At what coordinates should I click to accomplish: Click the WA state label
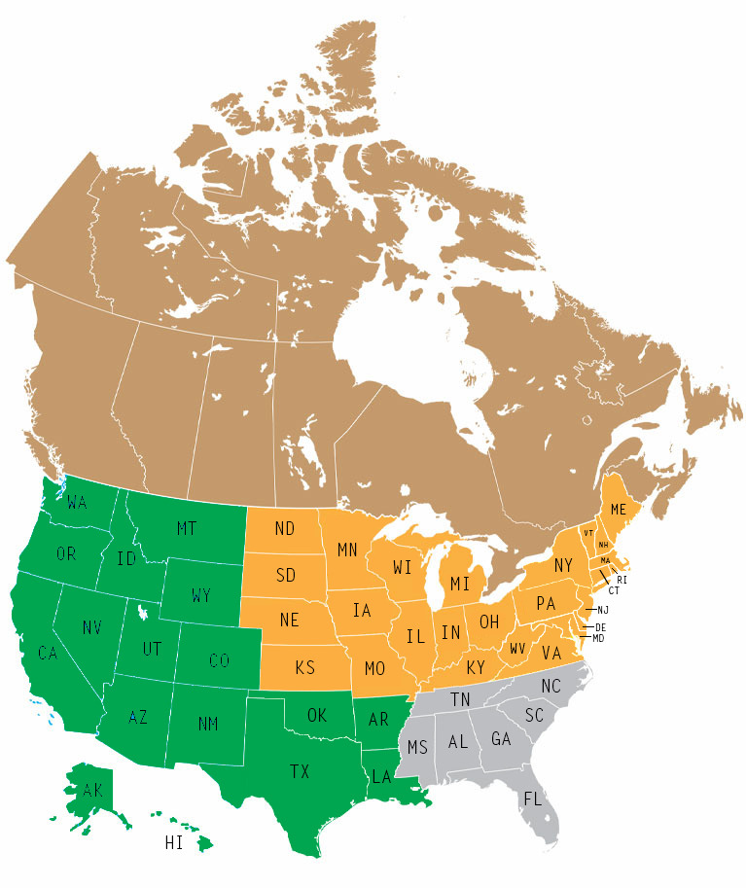click(x=79, y=504)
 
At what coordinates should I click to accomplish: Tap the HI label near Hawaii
click(x=173, y=843)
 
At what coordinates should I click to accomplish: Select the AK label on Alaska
click(x=92, y=791)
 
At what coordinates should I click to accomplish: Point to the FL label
click(x=532, y=799)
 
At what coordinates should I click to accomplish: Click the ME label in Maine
click(x=619, y=510)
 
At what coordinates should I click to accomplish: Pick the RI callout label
click(x=622, y=580)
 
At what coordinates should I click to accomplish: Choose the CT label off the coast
click(x=614, y=590)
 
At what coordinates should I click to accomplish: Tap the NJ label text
click(x=603, y=610)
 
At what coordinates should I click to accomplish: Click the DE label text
click(x=600, y=627)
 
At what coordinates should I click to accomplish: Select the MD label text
click(x=598, y=638)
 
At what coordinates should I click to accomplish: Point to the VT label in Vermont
click(x=588, y=533)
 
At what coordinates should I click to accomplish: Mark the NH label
click(x=603, y=544)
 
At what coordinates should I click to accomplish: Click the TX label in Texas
click(x=299, y=771)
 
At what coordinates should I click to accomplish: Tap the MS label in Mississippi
click(x=417, y=748)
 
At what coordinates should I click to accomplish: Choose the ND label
click(x=284, y=529)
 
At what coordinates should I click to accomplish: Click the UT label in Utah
click(x=153, y=647)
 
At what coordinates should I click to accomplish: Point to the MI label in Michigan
click(x=461, y=584)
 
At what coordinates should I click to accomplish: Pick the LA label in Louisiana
click(x=380, y=777)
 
